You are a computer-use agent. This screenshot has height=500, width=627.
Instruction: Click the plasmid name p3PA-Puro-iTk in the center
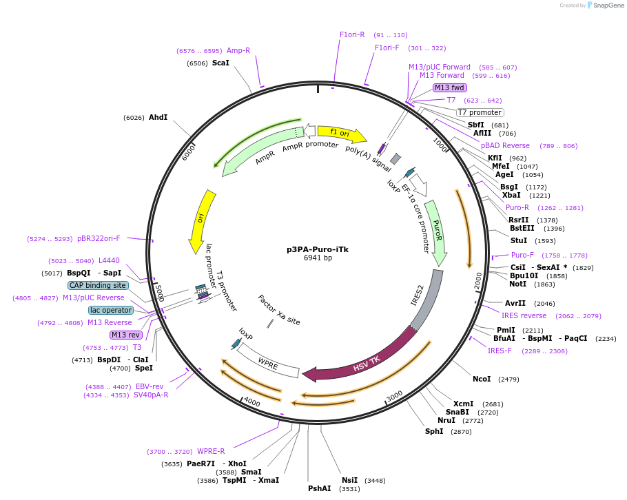[318, 249]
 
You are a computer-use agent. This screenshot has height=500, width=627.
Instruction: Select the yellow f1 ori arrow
[341, 132]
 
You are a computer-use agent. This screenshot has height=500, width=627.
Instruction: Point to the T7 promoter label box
[480, 112]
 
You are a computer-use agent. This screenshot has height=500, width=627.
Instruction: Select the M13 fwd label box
[450, 87]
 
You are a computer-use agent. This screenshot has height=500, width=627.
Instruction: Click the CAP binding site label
[97, 285]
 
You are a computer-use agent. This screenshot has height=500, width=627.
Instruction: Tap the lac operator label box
[110, 310]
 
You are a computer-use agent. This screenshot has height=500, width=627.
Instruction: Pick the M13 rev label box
[126, 335]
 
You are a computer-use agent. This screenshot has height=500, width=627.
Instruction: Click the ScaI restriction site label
[220, 63]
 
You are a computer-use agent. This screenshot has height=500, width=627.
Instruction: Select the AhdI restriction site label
[158, 117]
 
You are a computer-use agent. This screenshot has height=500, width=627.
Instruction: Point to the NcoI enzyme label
[482, 379]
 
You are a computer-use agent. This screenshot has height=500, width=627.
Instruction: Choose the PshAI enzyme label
[319, 488]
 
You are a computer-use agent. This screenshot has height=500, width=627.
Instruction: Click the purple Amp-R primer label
[238, 50]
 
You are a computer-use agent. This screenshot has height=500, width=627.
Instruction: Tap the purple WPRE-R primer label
[211, 451]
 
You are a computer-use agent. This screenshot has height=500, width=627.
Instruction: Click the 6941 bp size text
[318, 258]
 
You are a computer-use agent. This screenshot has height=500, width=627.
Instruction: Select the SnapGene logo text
[608, 6]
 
